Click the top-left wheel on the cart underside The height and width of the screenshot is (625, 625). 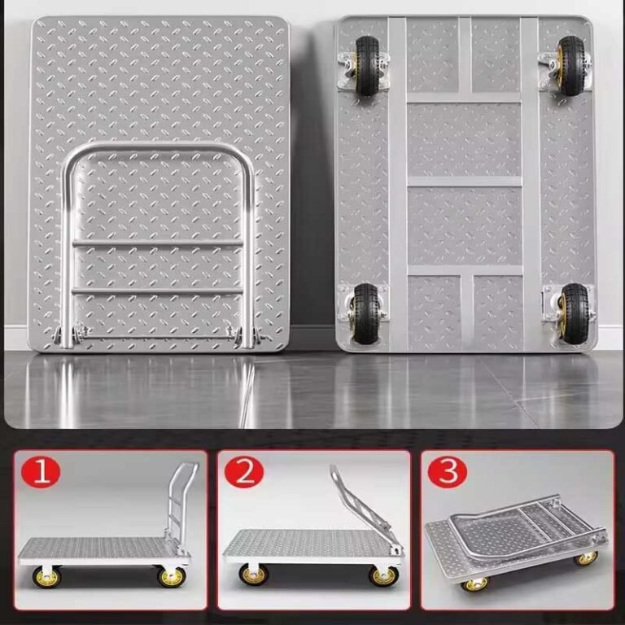367,65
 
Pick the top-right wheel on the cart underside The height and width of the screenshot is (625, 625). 571,65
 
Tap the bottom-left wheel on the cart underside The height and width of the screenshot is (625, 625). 365,312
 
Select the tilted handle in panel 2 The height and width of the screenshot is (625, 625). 362,505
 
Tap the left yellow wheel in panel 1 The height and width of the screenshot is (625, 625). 47,577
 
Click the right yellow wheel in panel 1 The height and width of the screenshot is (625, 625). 172,577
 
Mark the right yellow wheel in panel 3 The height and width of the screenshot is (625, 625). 585,558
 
